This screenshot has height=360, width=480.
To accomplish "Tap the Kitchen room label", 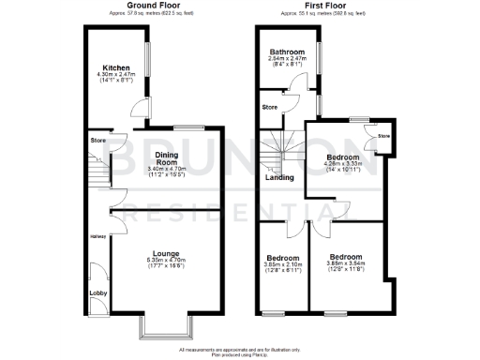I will [x=117, y=68].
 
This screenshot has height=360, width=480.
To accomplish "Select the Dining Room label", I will [x=167, y=158].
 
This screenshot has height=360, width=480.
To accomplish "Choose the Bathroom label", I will [x=288, y=52].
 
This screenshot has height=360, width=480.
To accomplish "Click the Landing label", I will [x=278, y=178].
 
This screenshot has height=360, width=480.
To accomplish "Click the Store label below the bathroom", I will [x=270, y=107].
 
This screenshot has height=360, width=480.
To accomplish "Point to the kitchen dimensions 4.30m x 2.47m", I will [x=117, y=76].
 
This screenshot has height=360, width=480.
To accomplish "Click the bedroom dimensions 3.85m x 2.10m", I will [x=282, y=264].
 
